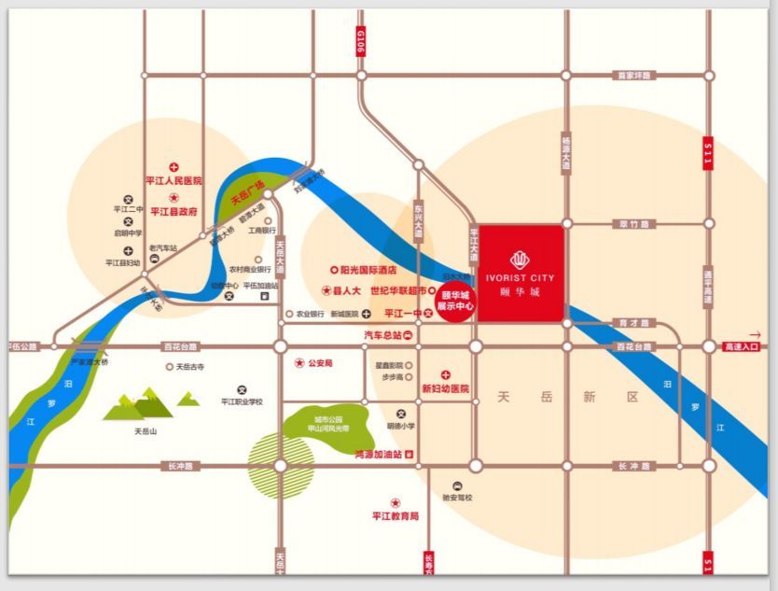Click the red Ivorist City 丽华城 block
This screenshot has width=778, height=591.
point(521,273)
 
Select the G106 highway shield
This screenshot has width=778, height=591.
point(361,42)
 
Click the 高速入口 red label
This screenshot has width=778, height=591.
point(742,346)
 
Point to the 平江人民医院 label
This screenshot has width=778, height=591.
point(173,180)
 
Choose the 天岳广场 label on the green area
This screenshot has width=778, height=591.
point(248,190)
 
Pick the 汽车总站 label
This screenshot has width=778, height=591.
point(383,334)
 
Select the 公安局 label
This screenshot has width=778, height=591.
point(320,362)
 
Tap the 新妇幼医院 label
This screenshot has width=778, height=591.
point(445,387)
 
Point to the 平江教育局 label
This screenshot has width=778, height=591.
point(396,515)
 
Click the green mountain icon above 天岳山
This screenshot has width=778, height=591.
point(140,404)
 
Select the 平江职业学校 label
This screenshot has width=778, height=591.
point(242,401)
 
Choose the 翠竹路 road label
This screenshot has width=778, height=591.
point(635,224)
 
